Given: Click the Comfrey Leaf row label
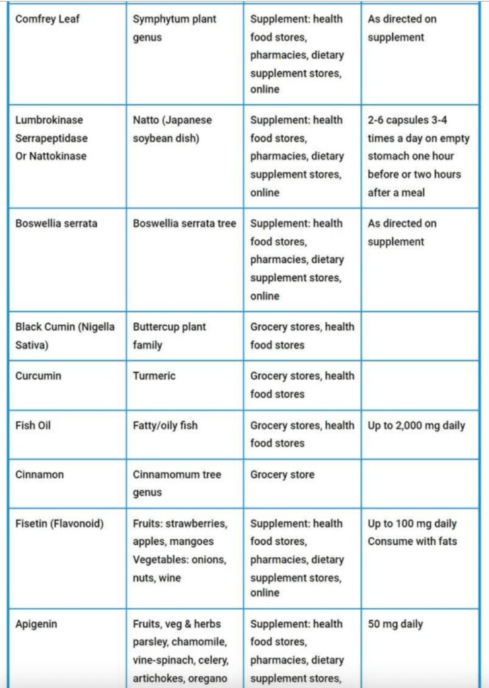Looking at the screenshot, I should pyautogui.click(x=47, y=19).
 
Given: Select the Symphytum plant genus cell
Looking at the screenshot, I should pyautogui.click(x=175, y=28).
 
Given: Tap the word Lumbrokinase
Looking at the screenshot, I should pyautogui.click(x=49, y=120).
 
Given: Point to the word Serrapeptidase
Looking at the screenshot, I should pyautogui.click(x=52, y=138).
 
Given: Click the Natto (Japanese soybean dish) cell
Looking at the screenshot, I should pyautogui.click(x=172, y=129).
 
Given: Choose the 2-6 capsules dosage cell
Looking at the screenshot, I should pyautogui.click(x=418, y=156).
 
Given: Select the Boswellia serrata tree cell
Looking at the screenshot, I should pyautogui.click(x=184, y=224).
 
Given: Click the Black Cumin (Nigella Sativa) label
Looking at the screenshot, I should pyautogui.click(x=65, y=336).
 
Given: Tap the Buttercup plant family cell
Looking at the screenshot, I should pyautogui.click(x=170, y=336).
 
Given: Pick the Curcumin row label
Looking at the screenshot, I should pyautogui.click(x=38, y=376).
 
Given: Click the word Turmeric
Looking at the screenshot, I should pyautogui.click(x=154, y=376).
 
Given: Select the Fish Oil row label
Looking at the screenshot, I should pyautogui.click(x=33, y=425).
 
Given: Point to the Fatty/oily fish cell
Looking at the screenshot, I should pyautogui.click(x=165, y=425).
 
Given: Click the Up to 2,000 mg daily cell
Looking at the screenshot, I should pyautogui.click(x=416, y=425).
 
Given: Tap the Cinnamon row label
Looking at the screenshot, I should pyautogui.click(x=40, y=474).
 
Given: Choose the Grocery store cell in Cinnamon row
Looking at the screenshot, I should pyautogui.click(x=283, y=474).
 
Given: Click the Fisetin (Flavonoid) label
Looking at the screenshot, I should pyautogui.click(x=60, y=523).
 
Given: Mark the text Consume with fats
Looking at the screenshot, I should pyautogui.click(x=412, y=542).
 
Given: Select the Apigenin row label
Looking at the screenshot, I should pyautogui.click(x=36, y=624).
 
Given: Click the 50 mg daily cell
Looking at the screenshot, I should pyautogui.click(x=396, y=624).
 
